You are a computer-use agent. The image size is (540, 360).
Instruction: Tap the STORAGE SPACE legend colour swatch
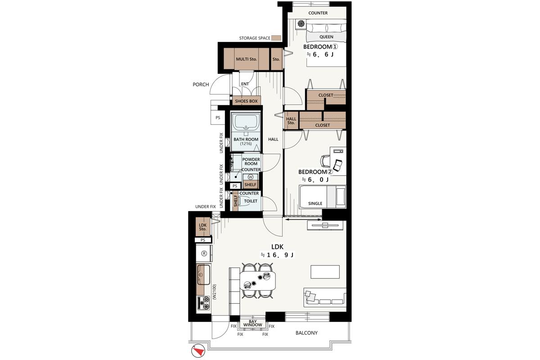(276, 38)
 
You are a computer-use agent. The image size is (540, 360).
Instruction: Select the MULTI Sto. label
(246, 59)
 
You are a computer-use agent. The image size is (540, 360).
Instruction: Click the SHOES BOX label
(246, 101)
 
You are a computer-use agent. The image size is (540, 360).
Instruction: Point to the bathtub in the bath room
(246, 122)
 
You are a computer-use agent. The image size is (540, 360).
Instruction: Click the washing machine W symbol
(251, 177)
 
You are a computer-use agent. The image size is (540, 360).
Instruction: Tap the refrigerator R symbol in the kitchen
(204, 253)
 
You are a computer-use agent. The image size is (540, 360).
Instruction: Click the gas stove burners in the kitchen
(204, 303)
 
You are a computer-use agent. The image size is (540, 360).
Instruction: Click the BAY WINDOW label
(252, 324)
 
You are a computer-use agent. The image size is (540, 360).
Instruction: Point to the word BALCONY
(306, 333)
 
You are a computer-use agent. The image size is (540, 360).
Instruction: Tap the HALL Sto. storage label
(291, 121)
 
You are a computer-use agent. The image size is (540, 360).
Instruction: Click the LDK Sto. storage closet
(203, 227)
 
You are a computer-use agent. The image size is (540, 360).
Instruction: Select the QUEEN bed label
(326, 37)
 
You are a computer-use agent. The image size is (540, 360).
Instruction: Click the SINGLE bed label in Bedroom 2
(315, 203)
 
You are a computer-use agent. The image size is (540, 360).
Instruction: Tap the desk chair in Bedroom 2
(325, 161)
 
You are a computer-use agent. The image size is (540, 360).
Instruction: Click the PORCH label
(201, 85)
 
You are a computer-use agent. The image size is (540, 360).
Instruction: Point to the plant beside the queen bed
(301, 24)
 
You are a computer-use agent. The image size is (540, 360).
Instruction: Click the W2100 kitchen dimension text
(215, 292)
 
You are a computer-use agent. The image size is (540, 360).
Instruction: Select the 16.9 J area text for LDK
(277, 255)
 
